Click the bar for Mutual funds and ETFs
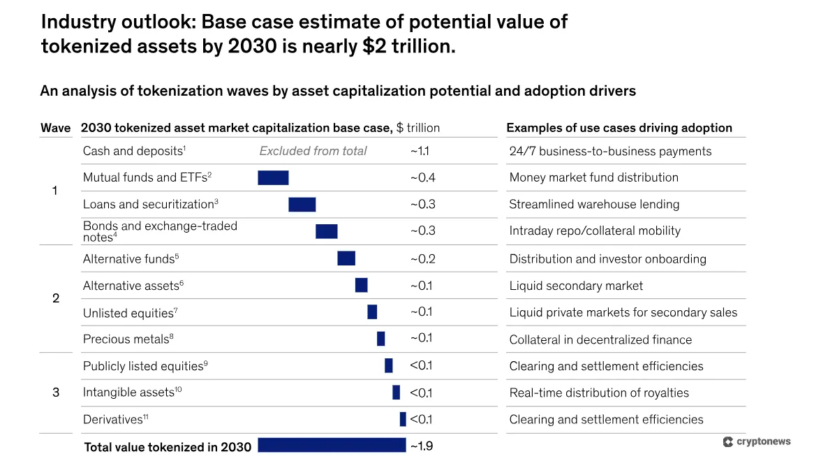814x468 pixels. tap(273, 177)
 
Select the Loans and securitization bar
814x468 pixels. tap(302, 204)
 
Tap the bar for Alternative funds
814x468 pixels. tap(346, 258)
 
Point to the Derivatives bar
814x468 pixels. tap(403, 419)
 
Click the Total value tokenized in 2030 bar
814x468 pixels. tap(332, 445)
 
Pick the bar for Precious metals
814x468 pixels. tap(380, 339)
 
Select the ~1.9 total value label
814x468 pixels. tap(421, 446)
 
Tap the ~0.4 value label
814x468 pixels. tap(422, 177)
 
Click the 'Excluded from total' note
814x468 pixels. tap(313, 151)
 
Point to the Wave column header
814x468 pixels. tap(55, 128)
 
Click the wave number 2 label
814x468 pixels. tap(56, 298)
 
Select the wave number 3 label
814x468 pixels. tap(56, 393)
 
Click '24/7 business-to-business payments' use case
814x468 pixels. tap(610, 151)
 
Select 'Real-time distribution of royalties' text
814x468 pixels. tap(599, 393)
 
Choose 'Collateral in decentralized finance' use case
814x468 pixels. tap(600, 339)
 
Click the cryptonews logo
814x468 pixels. tap(757, 441)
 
